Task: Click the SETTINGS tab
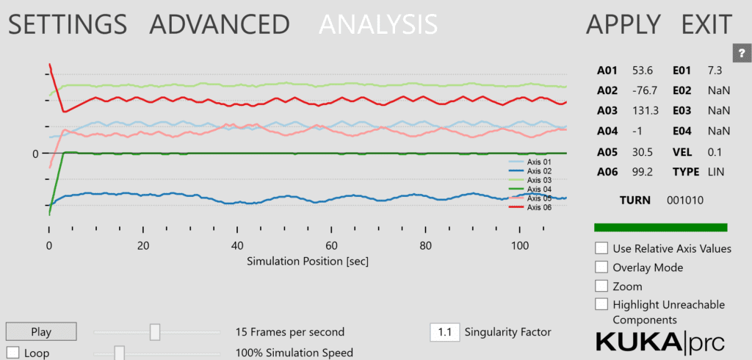pos(67,24)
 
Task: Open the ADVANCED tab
pos(220,24)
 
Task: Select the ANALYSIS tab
pos(378,24)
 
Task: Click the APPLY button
pos(623,24)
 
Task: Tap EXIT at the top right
pos(706,24)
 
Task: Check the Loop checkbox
pos(13,352)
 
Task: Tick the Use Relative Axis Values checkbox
pos(601,248)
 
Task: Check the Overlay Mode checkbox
pos(601,267)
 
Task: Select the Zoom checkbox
pos(601,286)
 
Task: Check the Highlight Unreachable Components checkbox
pos(601,304)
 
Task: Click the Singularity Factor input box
pos(444,332)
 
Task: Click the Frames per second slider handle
pos(155,332)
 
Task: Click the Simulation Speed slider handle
pos(119,353)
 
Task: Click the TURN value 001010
pos(685,200)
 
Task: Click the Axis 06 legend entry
pos(527,207)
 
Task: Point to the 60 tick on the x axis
pos(331,246)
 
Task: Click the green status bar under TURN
pos(660,228)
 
